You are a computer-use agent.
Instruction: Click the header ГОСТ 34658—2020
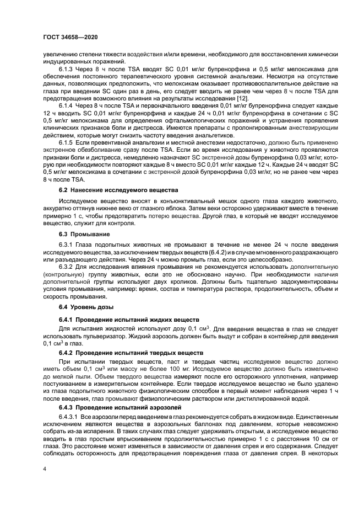67,38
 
